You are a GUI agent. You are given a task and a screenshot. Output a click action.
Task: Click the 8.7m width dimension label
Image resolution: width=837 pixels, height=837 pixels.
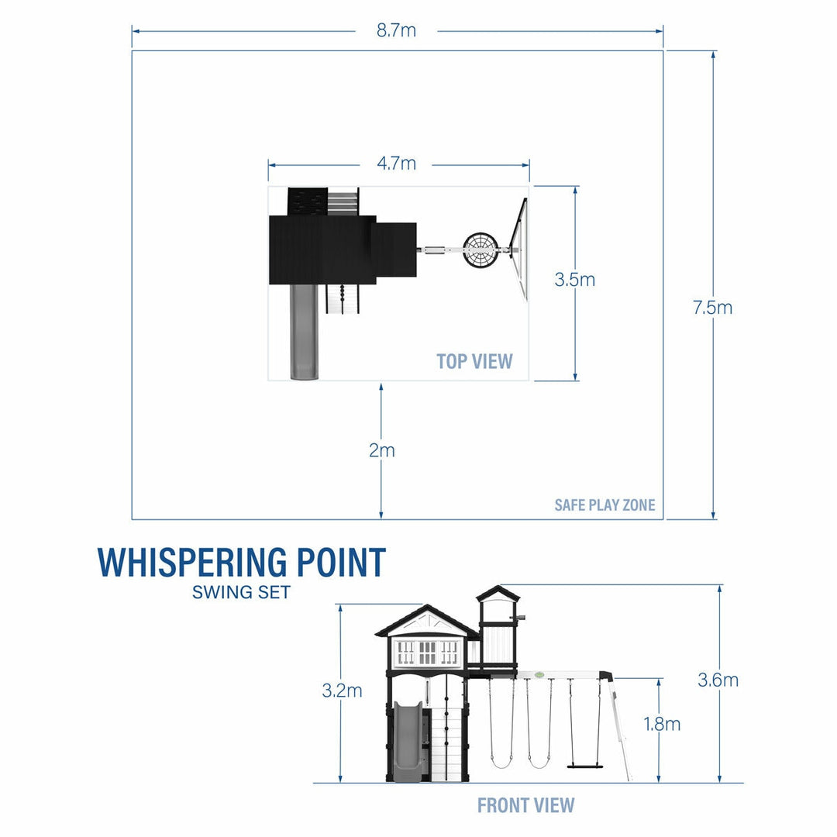click(396, 31)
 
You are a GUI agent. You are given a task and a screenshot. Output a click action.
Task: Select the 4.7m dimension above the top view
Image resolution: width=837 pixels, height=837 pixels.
click(396, 164)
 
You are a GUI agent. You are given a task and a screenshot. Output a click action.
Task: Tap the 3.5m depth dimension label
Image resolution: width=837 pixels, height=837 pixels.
click(574, 280)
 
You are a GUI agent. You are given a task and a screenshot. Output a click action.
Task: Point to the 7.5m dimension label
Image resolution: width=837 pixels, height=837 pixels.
click(712, 308)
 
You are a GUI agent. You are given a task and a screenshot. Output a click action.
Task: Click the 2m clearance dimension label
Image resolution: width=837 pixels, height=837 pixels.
click(381, 450)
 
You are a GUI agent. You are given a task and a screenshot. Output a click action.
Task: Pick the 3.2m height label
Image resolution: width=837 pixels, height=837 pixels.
click(342, 691)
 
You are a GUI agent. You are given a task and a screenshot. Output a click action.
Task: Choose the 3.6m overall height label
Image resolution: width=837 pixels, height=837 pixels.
click(718, 680)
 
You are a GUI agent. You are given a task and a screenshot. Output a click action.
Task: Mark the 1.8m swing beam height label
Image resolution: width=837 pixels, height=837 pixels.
click(662, 724)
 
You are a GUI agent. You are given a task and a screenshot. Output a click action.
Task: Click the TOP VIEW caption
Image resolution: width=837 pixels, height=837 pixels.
click(474, 361)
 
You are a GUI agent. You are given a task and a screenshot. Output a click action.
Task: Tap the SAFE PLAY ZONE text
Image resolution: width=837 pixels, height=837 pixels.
click(604, 505)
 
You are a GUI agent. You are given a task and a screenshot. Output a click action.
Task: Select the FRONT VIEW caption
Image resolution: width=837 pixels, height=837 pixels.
click(525, 805)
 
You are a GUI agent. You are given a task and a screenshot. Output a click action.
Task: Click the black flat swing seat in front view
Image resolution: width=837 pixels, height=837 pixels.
click(585, 765)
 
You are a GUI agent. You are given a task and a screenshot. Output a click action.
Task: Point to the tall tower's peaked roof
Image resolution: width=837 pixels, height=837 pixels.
click(498, 594)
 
